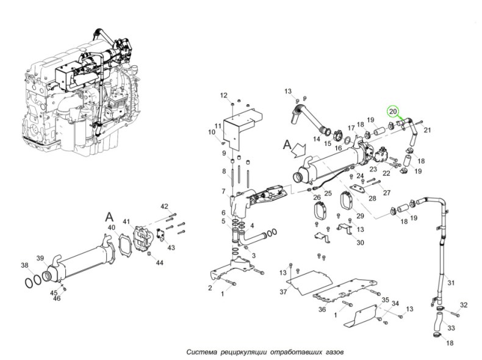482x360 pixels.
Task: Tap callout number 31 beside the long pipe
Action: pos(451,283)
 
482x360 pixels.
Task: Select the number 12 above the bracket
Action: pos(224,95)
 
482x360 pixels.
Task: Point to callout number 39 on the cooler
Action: pos(40,258)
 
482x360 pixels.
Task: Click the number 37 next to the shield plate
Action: pos(284,292)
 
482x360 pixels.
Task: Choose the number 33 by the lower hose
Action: pos(451,328)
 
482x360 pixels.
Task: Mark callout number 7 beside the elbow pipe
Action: pos(223,192)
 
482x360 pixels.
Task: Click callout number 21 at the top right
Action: pos(427,130)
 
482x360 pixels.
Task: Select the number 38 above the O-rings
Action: pos(24,265)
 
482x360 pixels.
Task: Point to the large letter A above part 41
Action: pos(109,217)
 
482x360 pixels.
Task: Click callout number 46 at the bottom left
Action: pos(56,298)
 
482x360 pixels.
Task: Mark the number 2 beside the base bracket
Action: pos(210,287)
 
